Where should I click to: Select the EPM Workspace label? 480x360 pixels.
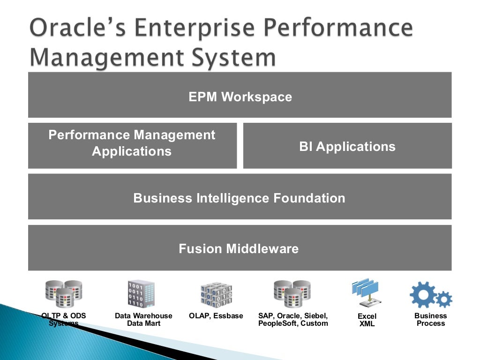(x=240, y=97)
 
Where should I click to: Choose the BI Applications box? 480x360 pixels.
(x=347, y=147)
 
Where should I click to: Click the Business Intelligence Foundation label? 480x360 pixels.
(x=239, y=198)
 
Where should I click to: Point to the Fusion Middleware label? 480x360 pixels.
(x=239, y=248)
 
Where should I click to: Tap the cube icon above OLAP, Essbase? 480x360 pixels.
(x=216, y=294)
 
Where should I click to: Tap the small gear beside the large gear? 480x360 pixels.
(x=443, y=299)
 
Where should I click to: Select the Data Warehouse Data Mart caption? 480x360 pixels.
(x=143, y=320)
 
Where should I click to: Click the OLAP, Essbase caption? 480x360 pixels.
(x=216, y=316)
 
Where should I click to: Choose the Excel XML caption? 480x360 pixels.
(x=367, y=320)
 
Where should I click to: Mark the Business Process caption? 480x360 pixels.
(x=430, y=320)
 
